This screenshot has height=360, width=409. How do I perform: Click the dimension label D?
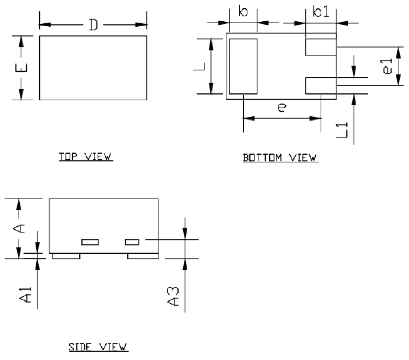click(93, 25)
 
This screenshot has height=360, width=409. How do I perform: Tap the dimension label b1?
click(321, 12)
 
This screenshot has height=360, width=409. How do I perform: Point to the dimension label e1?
click(388, 66)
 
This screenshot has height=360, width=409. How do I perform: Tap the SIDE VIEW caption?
click(98, 347)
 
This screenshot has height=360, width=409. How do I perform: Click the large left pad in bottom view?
click(243, 66)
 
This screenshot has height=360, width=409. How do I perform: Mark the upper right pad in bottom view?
click(321, 47)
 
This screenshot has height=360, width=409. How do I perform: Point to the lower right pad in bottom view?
click(321, 86)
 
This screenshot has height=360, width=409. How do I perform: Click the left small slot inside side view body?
click(90, 242)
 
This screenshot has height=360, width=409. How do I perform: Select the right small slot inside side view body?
click(132, 242)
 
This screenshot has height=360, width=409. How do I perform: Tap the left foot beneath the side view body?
click(66, 256)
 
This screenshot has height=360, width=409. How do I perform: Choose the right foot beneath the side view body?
click(143, 256)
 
